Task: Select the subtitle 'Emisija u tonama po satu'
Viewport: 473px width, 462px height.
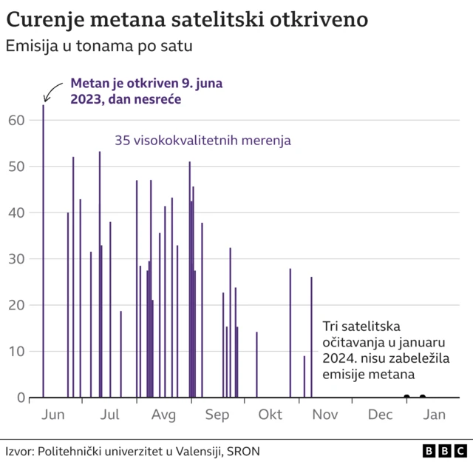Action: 99,46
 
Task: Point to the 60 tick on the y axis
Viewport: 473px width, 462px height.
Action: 16,120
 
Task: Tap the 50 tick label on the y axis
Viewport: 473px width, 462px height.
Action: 16,167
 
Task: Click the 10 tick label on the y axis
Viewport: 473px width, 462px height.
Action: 16,351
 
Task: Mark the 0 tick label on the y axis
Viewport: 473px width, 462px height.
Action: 20,398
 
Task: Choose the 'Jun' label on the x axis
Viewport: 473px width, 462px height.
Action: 54,415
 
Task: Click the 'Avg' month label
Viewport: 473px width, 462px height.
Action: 163,415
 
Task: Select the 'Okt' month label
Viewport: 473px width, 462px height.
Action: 270,415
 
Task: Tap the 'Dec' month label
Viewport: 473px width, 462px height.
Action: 380,415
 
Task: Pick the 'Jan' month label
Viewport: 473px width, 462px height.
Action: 434,415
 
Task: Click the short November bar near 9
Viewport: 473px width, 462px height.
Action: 304,377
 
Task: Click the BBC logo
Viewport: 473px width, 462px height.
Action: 444,450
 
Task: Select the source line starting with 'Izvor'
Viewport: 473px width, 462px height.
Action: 133,450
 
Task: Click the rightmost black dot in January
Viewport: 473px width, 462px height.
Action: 423,398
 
